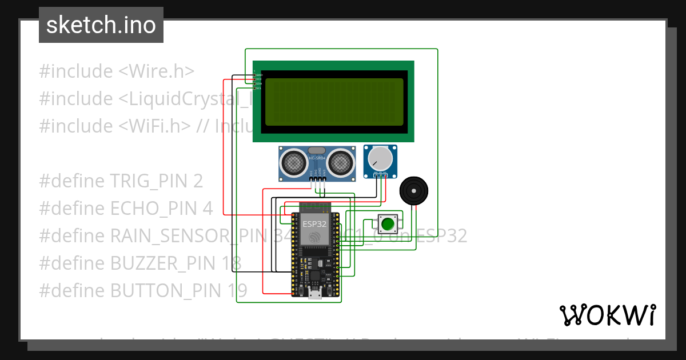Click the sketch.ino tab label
[x=101, y=25]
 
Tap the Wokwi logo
[x=607, y=315]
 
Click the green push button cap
[x=388, y=223]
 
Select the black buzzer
[x=413, y=191]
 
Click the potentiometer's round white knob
[x=380, y=158]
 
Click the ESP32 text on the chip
[x=315, y=223]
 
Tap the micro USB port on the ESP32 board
[x=314, y=294]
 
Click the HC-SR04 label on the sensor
[x=317, y=157]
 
